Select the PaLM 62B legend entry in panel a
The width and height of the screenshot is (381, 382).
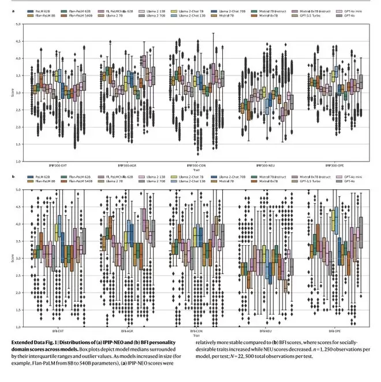42,10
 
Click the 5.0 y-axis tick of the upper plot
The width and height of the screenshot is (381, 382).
18,24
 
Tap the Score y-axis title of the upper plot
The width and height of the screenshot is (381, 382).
8,92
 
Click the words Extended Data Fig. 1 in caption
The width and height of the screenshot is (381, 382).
32,342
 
